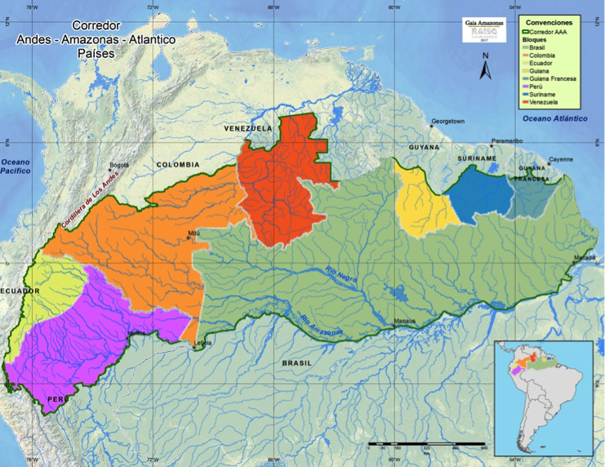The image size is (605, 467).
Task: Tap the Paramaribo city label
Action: point(506,140)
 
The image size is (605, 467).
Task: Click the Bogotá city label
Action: point(119,164)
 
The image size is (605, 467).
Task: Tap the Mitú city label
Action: point(194,233)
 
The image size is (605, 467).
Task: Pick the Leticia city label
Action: point(202,343)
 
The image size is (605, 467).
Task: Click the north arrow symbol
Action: point(485,69)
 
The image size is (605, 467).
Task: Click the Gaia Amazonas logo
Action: point(484,30)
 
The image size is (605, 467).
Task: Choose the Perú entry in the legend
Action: point(536,86)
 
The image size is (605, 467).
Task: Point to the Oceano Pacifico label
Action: point(16,167)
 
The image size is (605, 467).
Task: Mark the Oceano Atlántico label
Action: point(555,118)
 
